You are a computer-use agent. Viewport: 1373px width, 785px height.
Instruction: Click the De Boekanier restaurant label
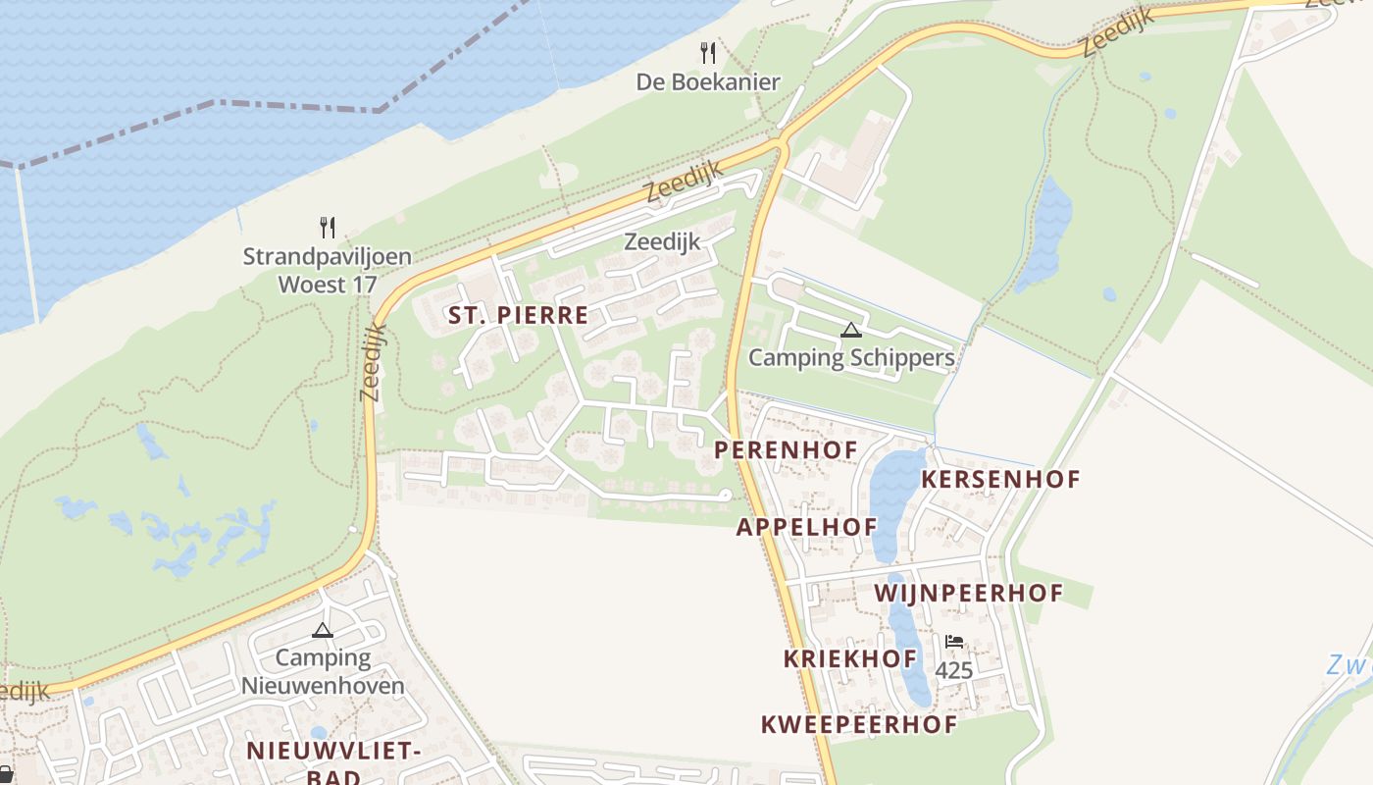click(708, 81)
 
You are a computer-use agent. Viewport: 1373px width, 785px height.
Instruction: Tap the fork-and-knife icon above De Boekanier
click(708, 52)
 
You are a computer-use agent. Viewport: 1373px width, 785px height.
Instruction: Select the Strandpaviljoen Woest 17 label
click(328, 271)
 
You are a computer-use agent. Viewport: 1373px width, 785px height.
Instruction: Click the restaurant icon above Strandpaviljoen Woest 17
click(328, 228)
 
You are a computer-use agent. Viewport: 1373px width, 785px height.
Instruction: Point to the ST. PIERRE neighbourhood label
click(519, 315)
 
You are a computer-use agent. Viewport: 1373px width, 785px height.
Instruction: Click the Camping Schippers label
click(851, 357)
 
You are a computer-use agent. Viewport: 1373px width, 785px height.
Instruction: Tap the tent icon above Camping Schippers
click(851, 330)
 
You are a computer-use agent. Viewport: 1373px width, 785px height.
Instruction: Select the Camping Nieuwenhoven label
click(323, 671)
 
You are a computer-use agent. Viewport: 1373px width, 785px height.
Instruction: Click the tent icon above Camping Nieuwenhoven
click(323, 630)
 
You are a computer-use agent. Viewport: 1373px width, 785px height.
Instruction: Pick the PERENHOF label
click(786, 450)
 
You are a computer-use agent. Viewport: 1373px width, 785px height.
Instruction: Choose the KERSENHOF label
click(1000, 480)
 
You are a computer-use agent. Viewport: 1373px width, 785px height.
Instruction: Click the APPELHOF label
click(807, 527)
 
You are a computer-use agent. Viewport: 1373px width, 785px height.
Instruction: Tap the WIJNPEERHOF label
click(969, 593)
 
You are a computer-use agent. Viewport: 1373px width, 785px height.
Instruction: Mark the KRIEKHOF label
click(850, 658)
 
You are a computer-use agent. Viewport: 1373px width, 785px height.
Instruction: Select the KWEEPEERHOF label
click(859, 725)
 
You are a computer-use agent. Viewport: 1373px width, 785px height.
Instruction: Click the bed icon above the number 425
click(953, 642)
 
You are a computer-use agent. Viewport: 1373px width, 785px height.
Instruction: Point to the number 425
click(953, 671)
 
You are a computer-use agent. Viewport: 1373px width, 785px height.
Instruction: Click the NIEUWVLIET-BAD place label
click(333, 763)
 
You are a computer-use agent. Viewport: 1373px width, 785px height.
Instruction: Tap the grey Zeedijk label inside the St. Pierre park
click(662, 240)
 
